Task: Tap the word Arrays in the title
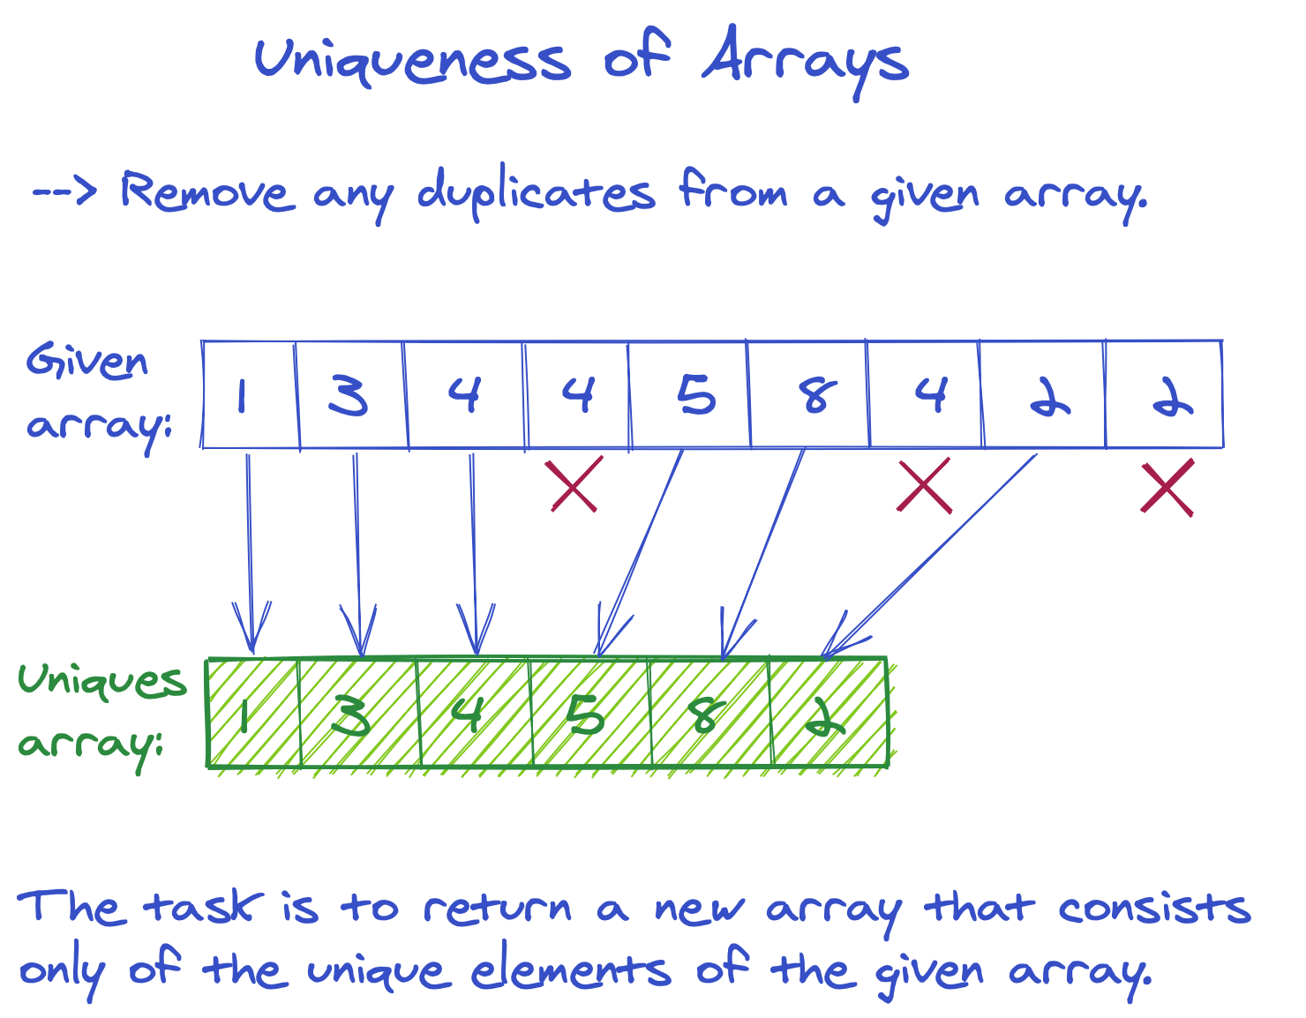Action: click(805, 62)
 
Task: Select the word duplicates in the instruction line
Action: click(536, 193)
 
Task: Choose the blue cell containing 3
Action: click(350, 395)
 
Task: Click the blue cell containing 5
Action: click(689, 395)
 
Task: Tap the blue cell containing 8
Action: click(808, 395)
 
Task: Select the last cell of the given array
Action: click(1164, 395)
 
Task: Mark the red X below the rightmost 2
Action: click(1167, 487)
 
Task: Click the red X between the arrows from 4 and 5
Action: click(574, 484)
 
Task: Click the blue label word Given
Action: click(86, 363)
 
